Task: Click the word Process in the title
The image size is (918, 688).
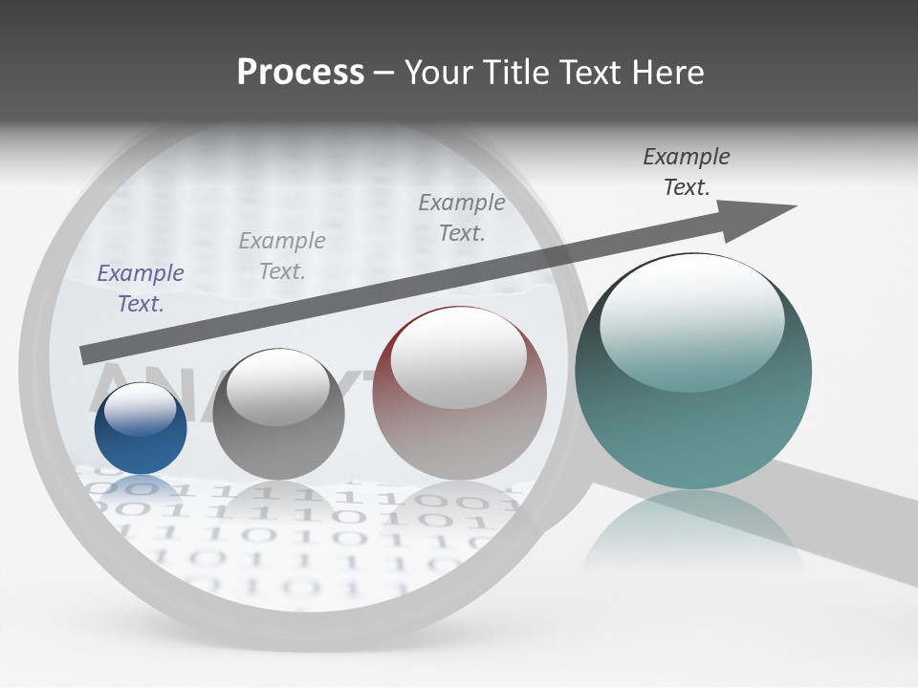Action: pyautogui.click(x=300, y=72)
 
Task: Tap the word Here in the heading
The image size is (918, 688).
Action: pyautogui.click(x=667, y=72)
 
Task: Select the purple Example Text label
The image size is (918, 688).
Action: pyautogui.click(x=141, y=288)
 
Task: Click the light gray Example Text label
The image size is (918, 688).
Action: pyautogui.click(x=282, y=255)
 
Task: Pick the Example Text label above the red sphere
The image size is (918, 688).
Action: pyautogui.click(x=462, y=217)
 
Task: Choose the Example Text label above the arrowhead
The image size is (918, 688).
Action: pyautogui.click(x=687, y=171)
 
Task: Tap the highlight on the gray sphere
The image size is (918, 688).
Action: pyautogui.click(x=278, y=387)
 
